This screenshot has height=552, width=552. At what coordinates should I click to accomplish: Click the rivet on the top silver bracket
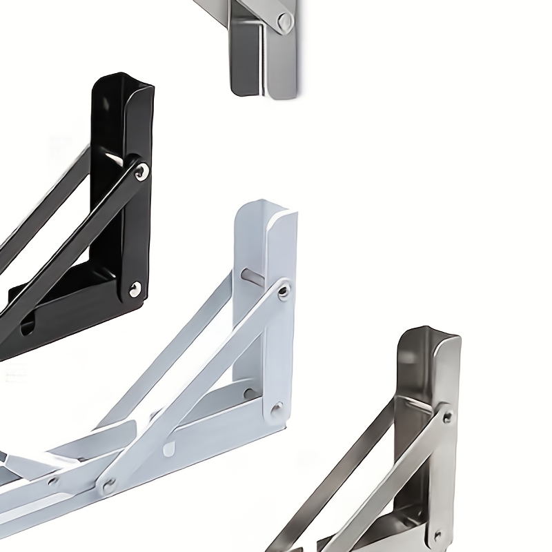(284, 23)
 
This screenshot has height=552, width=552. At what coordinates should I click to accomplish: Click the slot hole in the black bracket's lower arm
(28, 326)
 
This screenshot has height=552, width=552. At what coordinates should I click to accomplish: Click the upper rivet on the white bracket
(283, 293)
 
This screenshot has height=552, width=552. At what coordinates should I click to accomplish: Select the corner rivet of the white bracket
(277, 407)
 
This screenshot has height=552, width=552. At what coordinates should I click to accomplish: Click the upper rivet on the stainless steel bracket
(447, 416)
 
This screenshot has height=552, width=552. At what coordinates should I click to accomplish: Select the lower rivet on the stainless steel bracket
(437, 535)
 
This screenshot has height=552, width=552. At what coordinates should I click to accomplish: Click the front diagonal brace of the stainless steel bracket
(386, 483)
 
